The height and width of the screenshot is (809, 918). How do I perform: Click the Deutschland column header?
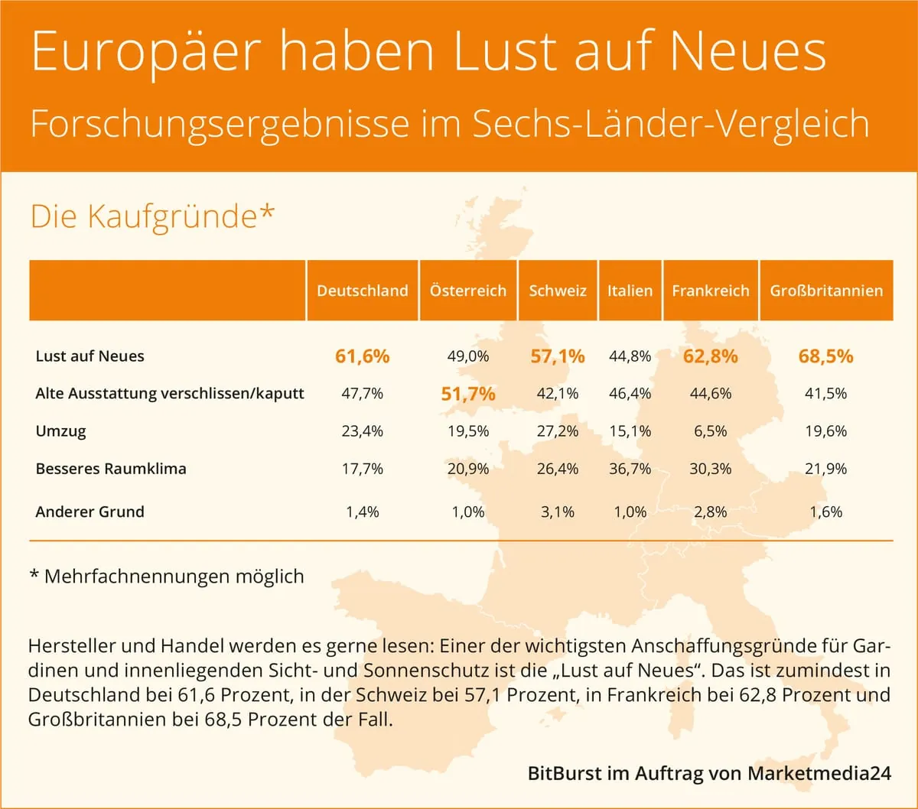click(363, 291)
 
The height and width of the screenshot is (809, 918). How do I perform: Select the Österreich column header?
click(468, 291)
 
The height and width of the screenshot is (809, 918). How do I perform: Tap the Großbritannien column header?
click(826, 291)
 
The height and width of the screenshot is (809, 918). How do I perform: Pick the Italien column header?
click(630, 291)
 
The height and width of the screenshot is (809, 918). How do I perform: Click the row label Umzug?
click(61, 431)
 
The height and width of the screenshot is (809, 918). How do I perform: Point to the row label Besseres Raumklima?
click(111, 469)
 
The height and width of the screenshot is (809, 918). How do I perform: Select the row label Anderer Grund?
click(90, 512)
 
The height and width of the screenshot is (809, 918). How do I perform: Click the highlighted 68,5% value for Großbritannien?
click(825, 356)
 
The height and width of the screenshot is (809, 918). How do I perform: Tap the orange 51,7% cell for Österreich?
click(468, 394)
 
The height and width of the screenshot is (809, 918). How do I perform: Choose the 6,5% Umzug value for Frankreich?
click(710, 431)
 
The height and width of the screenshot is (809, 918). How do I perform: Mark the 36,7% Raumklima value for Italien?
click(630, 469)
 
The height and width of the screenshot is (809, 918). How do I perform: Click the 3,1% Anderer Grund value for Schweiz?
click(557, 512)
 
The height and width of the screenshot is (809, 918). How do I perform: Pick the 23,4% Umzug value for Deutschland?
click(363, 431)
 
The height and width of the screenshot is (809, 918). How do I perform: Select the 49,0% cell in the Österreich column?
click(468, 356)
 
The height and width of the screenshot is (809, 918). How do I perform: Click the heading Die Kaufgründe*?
click(151, 216)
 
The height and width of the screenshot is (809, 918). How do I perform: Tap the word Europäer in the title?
click(145, 52)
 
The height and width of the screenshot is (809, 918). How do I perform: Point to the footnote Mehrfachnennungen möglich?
click(174, 576)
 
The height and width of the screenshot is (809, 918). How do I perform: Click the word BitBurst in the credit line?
click(565, 773)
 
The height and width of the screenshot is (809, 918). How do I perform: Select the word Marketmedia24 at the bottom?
click(819, 773)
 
